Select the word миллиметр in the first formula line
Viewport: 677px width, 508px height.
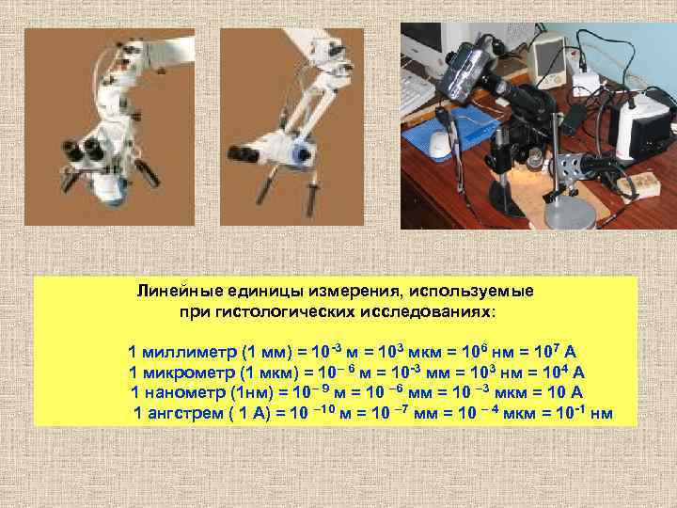190,352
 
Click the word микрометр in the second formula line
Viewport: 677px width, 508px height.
189,373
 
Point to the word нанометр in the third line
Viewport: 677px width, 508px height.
185,392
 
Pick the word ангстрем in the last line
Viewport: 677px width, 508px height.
186,413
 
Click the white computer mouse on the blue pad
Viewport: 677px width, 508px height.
439,143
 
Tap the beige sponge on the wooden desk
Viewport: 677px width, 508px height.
638,184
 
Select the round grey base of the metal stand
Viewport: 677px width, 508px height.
570,214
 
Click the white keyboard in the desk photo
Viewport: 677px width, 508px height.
416,95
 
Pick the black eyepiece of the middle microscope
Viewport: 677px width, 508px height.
244,154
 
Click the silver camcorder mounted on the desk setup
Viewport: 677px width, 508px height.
463,71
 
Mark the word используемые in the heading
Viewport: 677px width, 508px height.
471,291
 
